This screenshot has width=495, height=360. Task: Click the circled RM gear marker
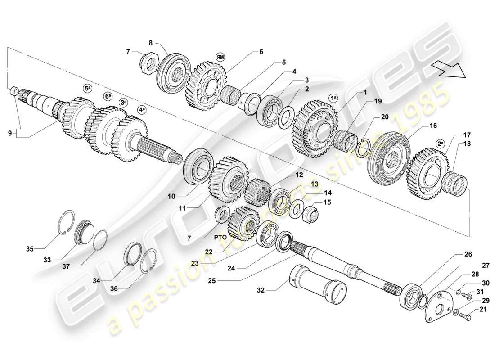pyautogui.click(x=220, y=57)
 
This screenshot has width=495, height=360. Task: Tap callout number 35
pyautogui.click(x=30, y=247)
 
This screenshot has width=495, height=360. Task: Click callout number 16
pyautogui.click(x=432, y=126)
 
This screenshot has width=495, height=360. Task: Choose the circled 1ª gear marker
pyautogui.click(x=333, y=97)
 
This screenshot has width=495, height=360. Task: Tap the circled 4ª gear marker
pyautogui.click(x=142, y=110)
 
